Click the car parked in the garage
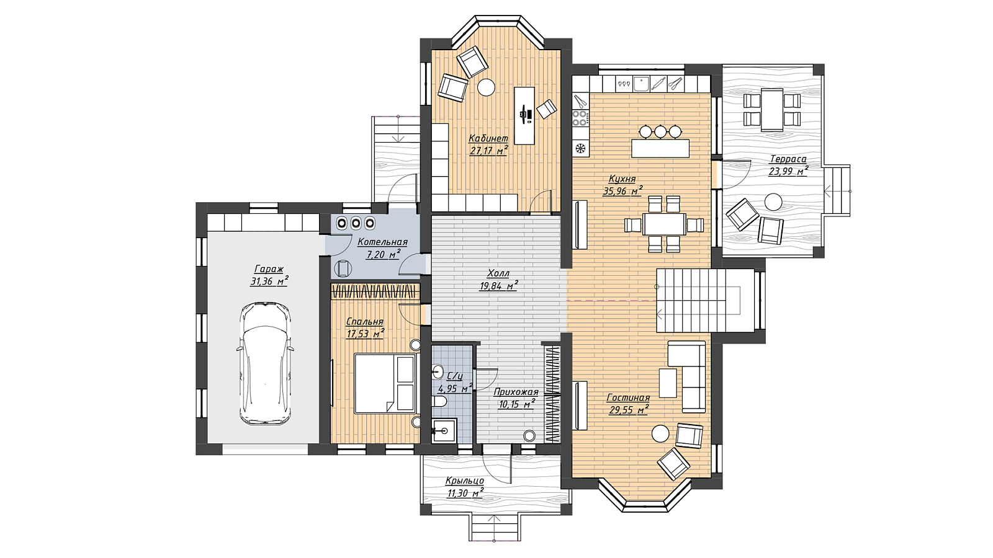click(265, 364)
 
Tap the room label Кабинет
click(488, 139)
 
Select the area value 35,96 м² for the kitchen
click(622, 191)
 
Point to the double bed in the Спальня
click(385, 384)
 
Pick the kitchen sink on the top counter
click(640, 83)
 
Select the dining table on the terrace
click(772, 110)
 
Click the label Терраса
click(788, 159)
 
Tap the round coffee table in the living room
click(660, 433)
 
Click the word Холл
click(498, 273)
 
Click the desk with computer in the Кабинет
click(524, 115)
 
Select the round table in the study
click(486, 87)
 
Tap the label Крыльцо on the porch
click(465, 481)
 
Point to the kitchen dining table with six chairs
click(663, 224)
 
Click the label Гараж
click(269, 269)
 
